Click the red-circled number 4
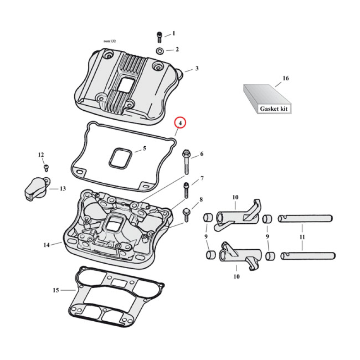(x=180, y=122)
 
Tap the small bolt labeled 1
(x=159, y=36)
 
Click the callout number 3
(x=197, y=68)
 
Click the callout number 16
(x=285, y=78)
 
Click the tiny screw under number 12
(x=45, y=167)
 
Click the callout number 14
(x=46, y=245)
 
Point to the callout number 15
(x=55, y=290)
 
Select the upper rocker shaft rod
(x=306, y=219)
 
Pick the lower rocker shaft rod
(x=307, y=256)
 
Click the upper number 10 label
(x=234, y=197)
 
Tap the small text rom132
(x=109, y=41)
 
